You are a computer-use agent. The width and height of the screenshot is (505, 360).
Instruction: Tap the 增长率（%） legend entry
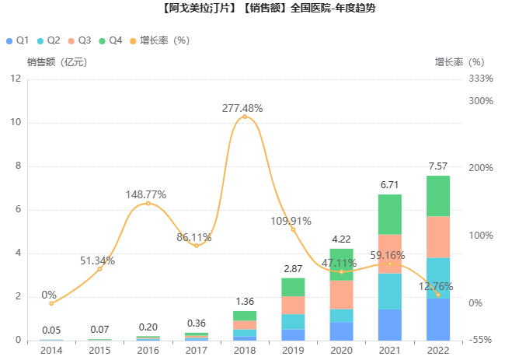(158, 40)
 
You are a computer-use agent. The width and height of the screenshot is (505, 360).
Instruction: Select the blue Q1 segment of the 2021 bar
(390, 324)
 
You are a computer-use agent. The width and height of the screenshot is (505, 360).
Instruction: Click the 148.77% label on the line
(146, 194)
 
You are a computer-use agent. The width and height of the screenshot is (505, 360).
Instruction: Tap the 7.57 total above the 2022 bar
(438, 166)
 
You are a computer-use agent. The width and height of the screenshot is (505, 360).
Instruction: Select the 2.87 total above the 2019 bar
(293, 268)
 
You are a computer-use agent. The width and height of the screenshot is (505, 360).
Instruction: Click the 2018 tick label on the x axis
(245, 351)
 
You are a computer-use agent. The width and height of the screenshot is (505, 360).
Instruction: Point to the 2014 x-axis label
(51, 351)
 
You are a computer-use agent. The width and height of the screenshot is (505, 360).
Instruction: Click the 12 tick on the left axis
(16, 79)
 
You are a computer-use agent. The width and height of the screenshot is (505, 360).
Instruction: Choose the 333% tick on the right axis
(482, 79)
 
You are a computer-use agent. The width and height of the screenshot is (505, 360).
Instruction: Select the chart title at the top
(252, 10)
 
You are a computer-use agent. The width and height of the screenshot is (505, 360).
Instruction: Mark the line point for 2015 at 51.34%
(99, 268)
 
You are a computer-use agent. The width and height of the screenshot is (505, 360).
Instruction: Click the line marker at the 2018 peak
(245, 117)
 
